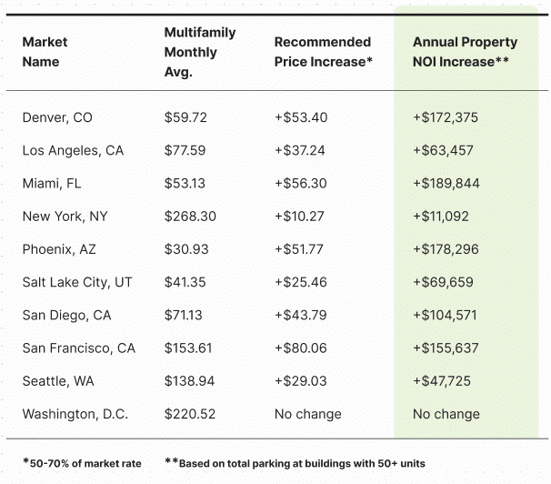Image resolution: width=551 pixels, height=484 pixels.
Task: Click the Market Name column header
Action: coord(45,52)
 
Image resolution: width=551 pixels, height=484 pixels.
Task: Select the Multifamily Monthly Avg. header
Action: coord(200,52)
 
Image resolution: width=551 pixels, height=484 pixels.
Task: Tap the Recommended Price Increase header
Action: coord(324,52)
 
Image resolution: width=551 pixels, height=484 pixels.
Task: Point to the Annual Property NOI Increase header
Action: coord(465,52)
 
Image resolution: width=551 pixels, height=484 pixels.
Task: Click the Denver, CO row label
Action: coord(57,117)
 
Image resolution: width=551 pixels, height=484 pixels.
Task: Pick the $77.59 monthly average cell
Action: coord(185,150)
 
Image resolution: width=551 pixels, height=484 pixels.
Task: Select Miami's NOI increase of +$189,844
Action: coord(446,183)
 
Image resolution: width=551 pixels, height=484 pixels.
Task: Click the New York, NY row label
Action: coord(65,217)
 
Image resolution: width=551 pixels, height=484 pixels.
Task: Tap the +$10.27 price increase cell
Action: coord(300,217)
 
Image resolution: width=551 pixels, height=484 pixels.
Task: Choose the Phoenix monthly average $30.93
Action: coord(185,249)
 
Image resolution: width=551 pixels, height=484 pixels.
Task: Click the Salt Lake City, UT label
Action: coord(77,282)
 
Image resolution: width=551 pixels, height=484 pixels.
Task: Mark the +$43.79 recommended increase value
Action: coord(300,315)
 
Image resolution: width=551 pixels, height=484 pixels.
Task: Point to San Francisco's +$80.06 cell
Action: coord(301,348)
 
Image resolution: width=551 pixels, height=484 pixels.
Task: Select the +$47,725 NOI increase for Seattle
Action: coord(442,380)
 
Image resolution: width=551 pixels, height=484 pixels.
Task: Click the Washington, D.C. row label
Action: coord(75,414)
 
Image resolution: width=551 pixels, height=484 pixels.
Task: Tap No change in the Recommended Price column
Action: coord(308,414)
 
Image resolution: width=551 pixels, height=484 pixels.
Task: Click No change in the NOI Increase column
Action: coord(446,414)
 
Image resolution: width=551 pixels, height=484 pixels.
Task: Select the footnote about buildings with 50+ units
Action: coord(295,463)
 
